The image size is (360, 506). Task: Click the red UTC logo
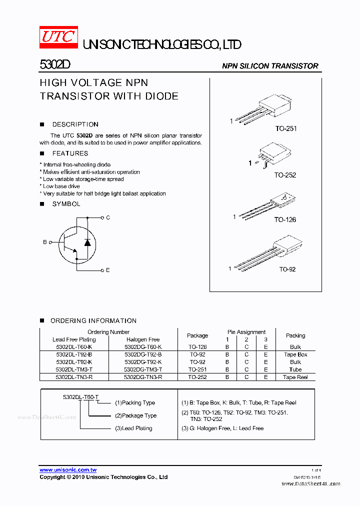click(58, 37)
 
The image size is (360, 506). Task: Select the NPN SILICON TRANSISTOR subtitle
click(270, 66)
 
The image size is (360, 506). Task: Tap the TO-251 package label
click(285, 128)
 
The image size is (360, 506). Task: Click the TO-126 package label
click(285, 219)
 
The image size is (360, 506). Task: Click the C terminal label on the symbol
click(108, 217)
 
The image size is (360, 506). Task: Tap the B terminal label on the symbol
click(44, 242)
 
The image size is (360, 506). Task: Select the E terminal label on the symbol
click(108, 270)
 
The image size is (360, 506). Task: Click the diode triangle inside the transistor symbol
click(87, 242)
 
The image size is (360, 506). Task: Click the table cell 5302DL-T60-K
click(74, 346)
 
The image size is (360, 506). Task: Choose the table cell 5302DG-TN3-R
click(143, 377)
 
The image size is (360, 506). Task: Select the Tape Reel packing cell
click(295, 377)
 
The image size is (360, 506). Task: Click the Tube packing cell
click(295, 369)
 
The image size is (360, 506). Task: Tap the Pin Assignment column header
click(246, 332)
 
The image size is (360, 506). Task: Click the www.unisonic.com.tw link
click(68, 470)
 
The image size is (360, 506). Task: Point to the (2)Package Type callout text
click(135, 415)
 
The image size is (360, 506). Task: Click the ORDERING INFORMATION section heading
click(93, 320)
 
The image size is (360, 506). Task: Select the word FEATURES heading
click(70, 153)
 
